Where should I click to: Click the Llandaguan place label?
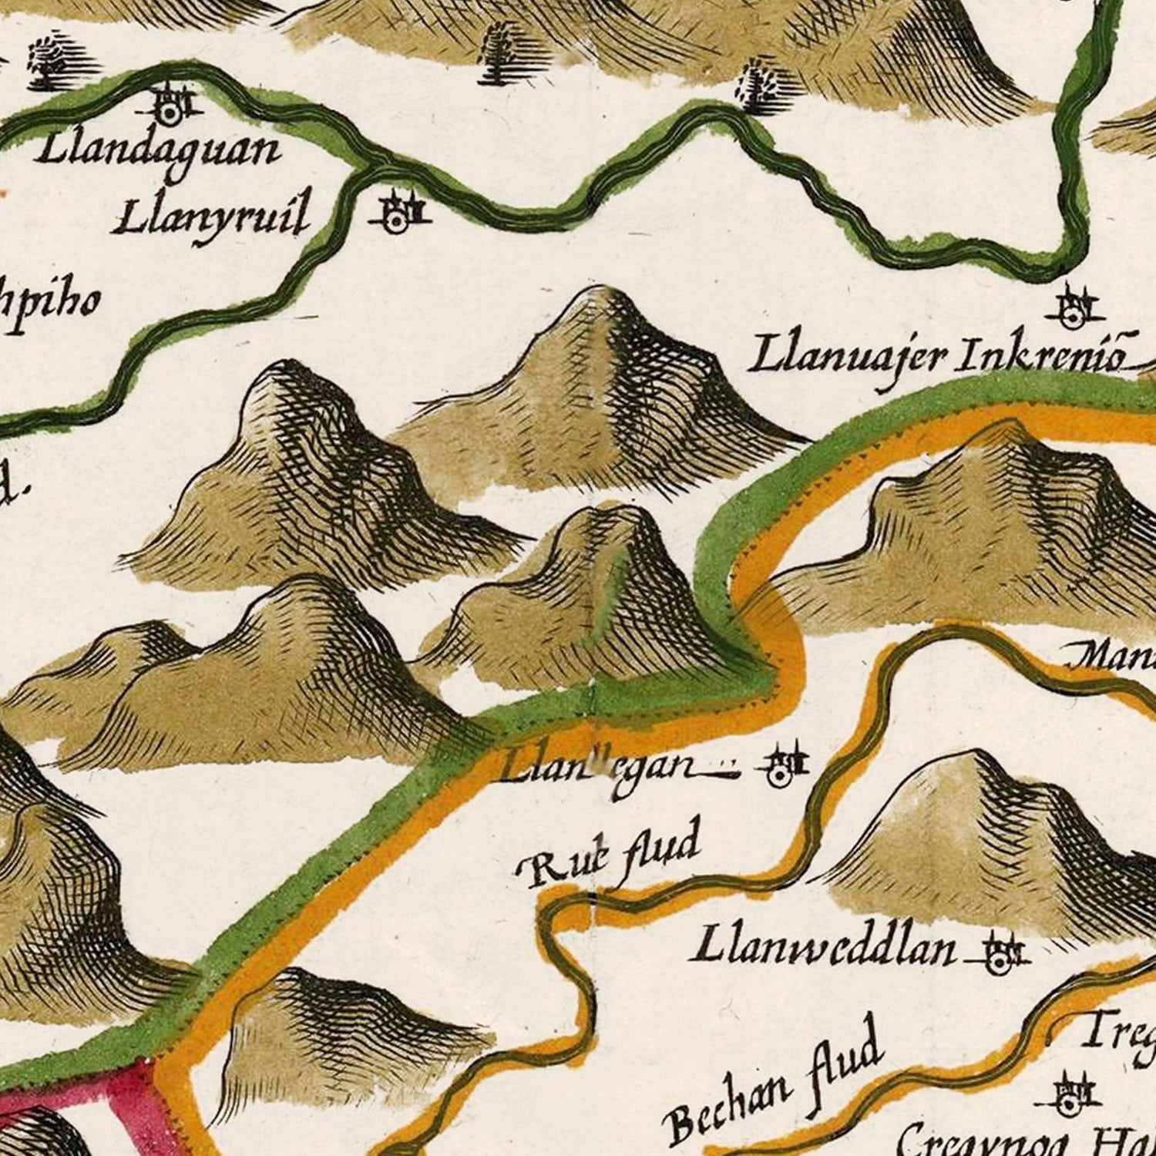click(157, 150)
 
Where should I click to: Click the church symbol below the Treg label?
click(1070, 1094)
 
